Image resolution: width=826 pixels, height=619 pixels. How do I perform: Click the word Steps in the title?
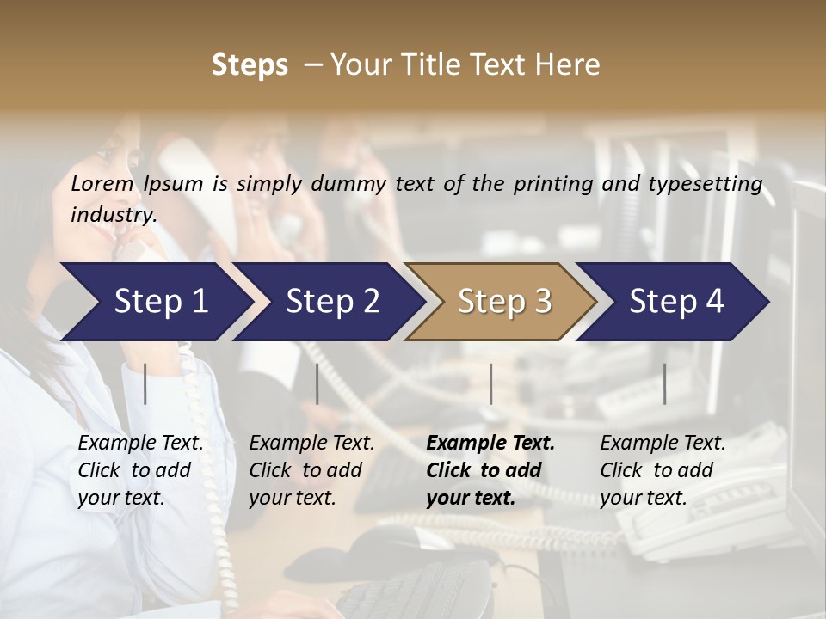coord(250,65)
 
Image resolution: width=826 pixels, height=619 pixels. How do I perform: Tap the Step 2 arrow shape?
coord(332,301)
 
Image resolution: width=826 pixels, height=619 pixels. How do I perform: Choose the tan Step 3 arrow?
coord(503,301)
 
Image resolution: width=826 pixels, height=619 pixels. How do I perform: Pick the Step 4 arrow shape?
coord(675,301)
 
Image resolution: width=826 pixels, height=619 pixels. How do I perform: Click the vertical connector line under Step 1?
coord(145,383)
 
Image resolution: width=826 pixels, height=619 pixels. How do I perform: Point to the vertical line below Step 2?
coord(317,383)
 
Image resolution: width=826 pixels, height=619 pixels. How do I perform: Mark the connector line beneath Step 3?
coord(491,383)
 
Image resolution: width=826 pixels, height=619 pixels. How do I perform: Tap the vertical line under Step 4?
coord(665,383)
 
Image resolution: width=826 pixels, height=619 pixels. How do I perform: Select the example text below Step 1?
coord(140,470)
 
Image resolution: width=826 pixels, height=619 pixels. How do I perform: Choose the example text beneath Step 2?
coord(311,470)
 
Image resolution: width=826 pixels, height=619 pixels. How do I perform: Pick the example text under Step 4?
coord(663,470)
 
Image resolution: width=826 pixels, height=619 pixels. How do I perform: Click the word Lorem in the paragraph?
coord(102,183)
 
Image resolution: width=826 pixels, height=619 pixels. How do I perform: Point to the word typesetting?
coord(709,185)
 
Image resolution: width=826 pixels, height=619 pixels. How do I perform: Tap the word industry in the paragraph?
coord(114,215)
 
